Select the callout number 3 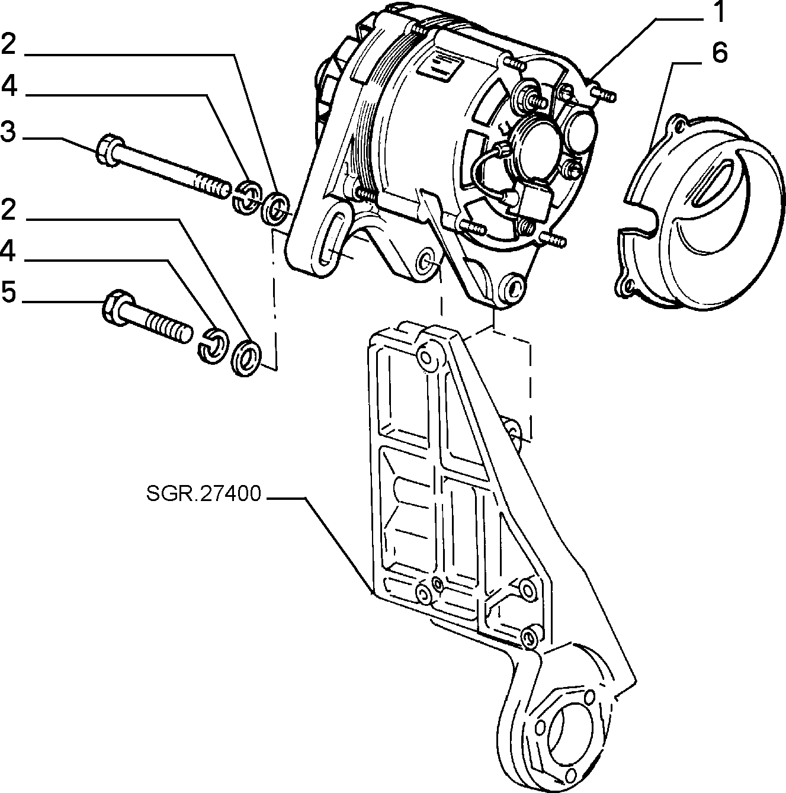pos(8,132)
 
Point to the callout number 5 pos(8,293)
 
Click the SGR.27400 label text pos(204,493)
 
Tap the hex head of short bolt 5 pos(117,308)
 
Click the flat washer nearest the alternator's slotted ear pos(275,208)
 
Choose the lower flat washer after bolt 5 pos(246,357)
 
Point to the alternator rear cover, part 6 pos(700,212)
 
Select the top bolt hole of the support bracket pos(426,359)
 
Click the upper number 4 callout pos(9,86)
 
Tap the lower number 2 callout pos(8,210)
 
